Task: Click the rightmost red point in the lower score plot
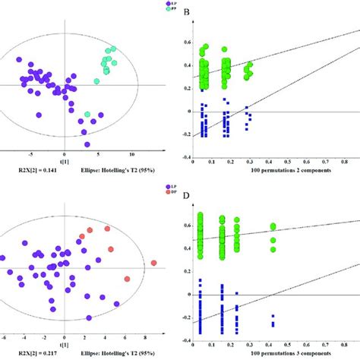[x=154, y=264]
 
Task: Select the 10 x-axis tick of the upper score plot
[x=132, y=154]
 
